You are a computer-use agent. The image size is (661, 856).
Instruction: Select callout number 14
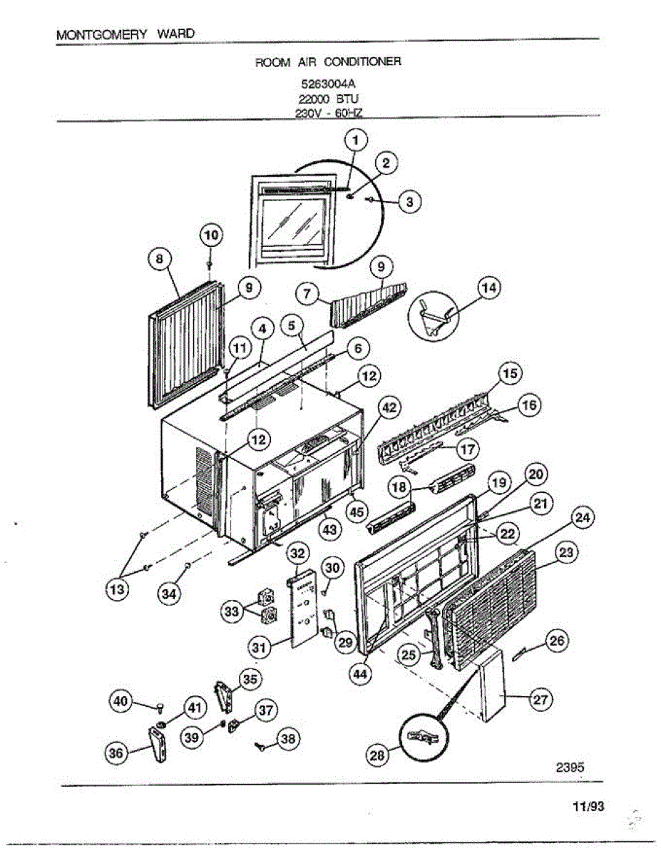pos(488,288)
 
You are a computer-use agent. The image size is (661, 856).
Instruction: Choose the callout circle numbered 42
pos(388,407)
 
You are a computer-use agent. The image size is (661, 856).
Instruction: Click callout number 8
pos(159,258)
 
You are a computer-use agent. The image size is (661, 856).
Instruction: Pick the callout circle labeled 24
pos(583,518)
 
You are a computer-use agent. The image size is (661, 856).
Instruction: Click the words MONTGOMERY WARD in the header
pos(124,34)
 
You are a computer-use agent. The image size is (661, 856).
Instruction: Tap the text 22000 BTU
pos(329,101)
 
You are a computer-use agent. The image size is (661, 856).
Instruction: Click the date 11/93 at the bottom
pos(588,807)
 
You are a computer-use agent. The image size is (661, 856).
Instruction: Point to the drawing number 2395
pos(570,768)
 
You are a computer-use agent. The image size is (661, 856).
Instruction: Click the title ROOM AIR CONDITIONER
pos(328,62)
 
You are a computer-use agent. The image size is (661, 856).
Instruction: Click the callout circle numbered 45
pos(357,511)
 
